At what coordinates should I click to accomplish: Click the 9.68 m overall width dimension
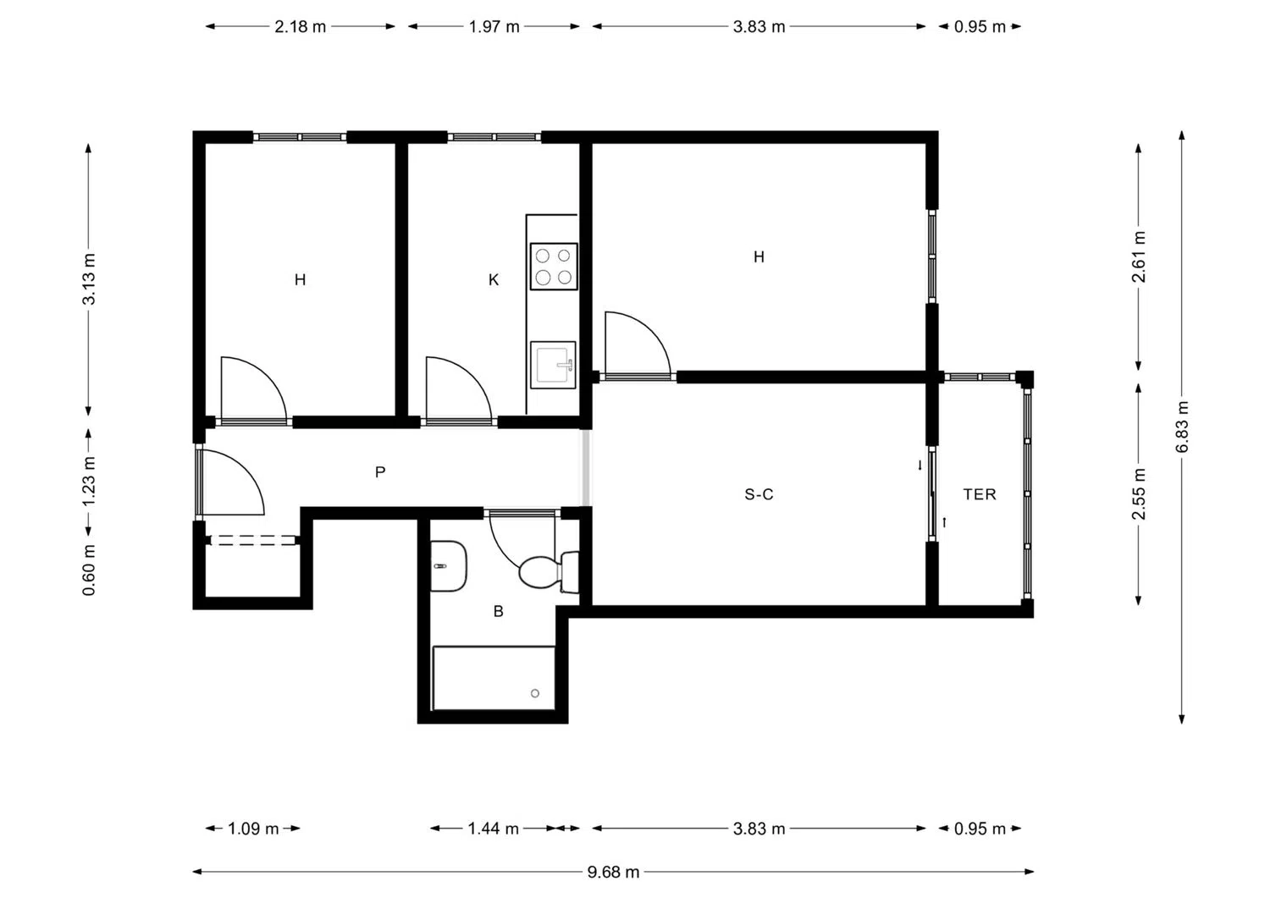(x=613, y=872)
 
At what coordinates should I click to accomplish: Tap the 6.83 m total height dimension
(x=1182, y=427)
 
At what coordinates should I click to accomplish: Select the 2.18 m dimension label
(x=300, y=26)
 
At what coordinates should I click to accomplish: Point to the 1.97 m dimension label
(x=494, y=26)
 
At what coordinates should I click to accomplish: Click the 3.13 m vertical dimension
(x=88, y=279)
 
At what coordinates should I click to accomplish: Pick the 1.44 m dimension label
(x=494, y=829)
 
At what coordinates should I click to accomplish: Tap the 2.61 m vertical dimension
(x=1139, y=256)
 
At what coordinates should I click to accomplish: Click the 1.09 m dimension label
(x=253, y=829)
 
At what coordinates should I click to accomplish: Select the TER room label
(x=979, y=494)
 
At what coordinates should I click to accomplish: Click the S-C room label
(x=759, y=494)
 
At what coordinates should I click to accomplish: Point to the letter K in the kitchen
(x=494, y=279)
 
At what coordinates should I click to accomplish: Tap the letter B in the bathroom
(x=499, y=611)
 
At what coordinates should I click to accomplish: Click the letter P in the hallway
(x=380, y=471)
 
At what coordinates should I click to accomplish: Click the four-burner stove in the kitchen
(x=554, y=267)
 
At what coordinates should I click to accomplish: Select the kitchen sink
(x=553, y=365)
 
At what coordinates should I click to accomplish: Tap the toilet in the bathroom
(x=549, y=571)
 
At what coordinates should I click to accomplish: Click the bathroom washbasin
(x=449, y=565)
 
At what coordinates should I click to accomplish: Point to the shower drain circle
(x=534, y=693)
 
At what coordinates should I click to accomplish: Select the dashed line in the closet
(x=253, y=541)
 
